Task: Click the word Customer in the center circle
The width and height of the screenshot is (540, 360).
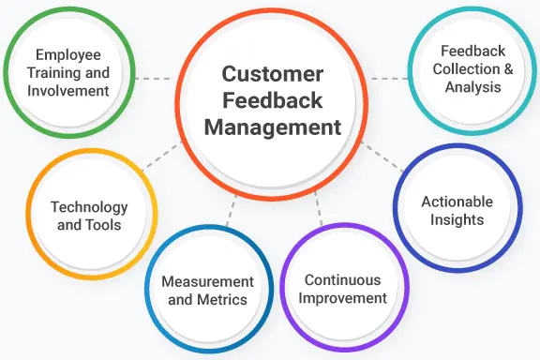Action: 273,74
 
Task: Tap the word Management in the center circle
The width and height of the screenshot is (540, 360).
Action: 273,127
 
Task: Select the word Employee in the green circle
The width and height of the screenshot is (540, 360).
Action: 68,55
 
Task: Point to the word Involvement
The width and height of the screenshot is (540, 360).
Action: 68,91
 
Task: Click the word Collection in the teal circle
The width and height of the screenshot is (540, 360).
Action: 466,68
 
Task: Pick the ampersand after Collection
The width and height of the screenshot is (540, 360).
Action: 508,68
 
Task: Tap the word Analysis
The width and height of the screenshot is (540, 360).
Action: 472,87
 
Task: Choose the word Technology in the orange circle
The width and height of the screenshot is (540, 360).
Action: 89,207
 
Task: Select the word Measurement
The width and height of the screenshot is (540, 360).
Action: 208,282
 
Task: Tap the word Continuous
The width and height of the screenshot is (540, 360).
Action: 343,280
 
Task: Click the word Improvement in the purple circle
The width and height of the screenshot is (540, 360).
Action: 343,298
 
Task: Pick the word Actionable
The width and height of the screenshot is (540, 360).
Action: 457,202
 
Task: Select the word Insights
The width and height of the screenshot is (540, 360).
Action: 457,219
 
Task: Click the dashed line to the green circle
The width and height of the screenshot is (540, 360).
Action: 153,79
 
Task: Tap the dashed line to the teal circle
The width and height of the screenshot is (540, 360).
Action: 390,79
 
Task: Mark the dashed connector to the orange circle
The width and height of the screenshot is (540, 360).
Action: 161,156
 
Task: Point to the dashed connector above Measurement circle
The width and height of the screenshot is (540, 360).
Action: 232,211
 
